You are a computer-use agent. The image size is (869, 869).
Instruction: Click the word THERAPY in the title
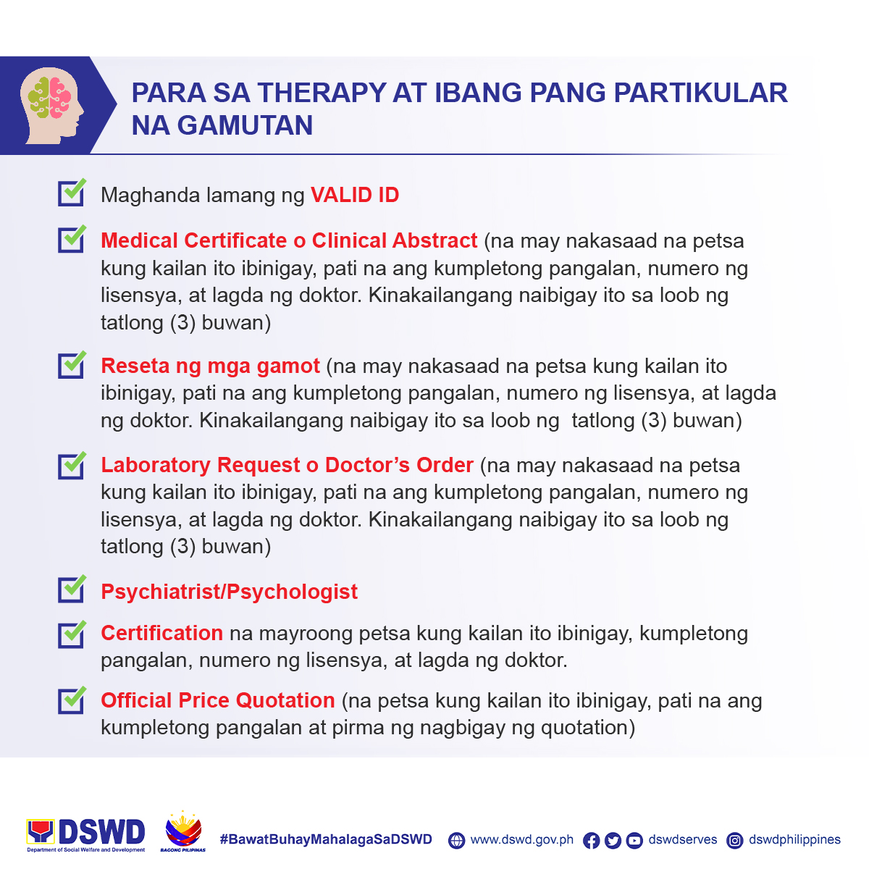[x=322, y=93]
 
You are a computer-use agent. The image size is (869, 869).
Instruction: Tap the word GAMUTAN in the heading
[x=245, y=125]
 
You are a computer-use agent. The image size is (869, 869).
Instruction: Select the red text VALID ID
[x=355, y=195]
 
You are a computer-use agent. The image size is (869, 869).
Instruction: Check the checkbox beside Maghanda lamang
[x=72, y=193]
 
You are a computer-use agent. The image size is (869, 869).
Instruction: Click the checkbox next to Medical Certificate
[x=72, y=239]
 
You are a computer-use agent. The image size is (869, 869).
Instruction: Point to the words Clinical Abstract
[x=395, y=240]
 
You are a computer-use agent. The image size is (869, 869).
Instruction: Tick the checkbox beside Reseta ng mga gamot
[x=72, y=365]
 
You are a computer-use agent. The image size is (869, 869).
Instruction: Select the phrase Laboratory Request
[x=201, y=465]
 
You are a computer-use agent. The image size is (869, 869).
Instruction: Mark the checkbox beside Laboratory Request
[x=72, y=466]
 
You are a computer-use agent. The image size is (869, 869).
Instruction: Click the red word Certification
[x=162, y=633]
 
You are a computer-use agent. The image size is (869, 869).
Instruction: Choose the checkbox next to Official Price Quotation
[x=72, y=700]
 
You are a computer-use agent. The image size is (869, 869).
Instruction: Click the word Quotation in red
[x=285, y=700]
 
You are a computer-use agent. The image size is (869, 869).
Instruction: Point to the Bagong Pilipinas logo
[x=182, y=832]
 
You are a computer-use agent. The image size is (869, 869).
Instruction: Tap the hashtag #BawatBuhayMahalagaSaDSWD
[x=326, y=839]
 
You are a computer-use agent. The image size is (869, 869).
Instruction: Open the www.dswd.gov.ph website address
[x=521, y=840]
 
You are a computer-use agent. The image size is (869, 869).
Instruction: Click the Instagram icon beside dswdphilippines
[x=734, y=841]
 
